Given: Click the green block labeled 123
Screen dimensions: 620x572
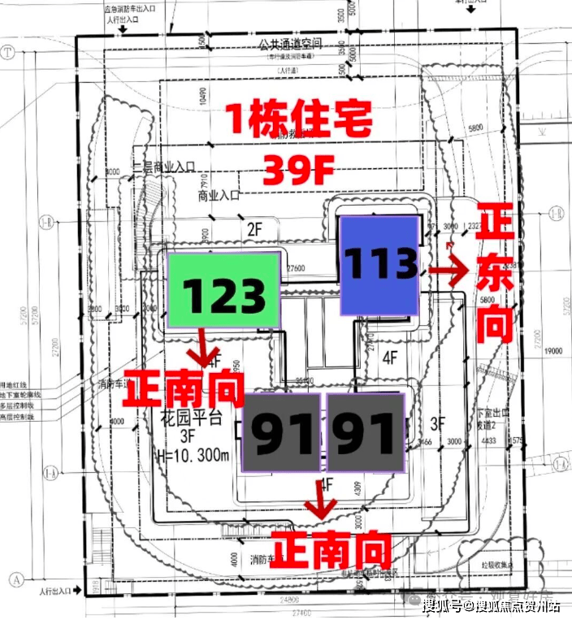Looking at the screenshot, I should click(x=223, y=289).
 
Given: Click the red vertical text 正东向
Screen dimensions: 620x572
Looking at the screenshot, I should click(x=493, y=273).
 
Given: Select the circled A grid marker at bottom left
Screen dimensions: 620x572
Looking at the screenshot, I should click(x=14, y=580).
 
